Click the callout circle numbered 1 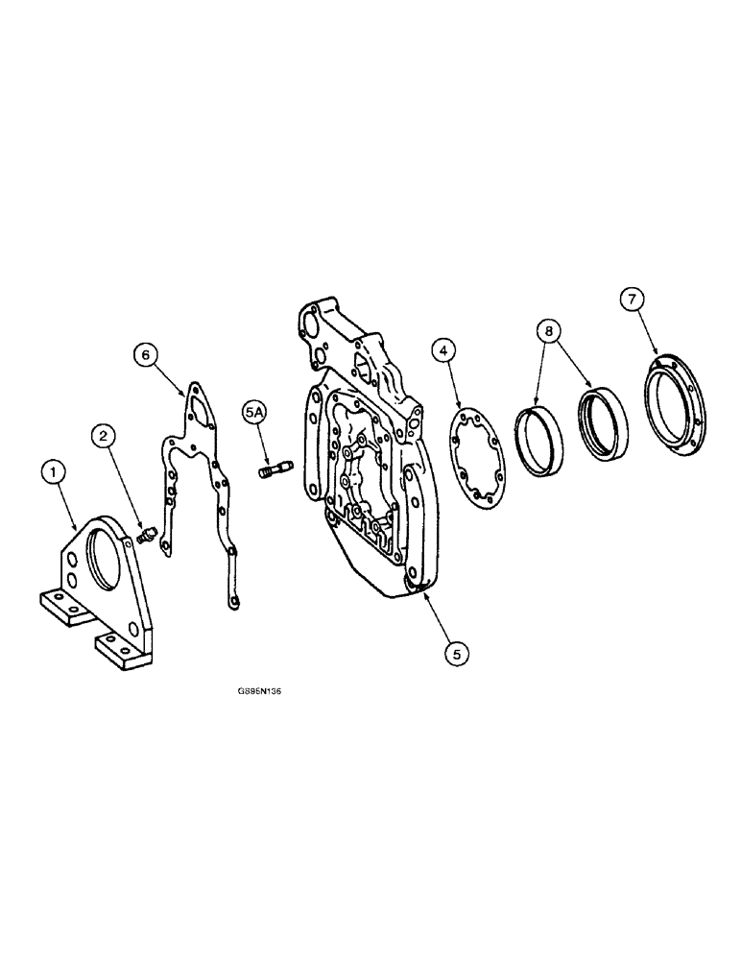(55, 473)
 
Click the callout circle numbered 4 (443, 351)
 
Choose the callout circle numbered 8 (549, 330)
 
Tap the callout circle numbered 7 (631, 300)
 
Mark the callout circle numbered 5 (457, 653)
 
